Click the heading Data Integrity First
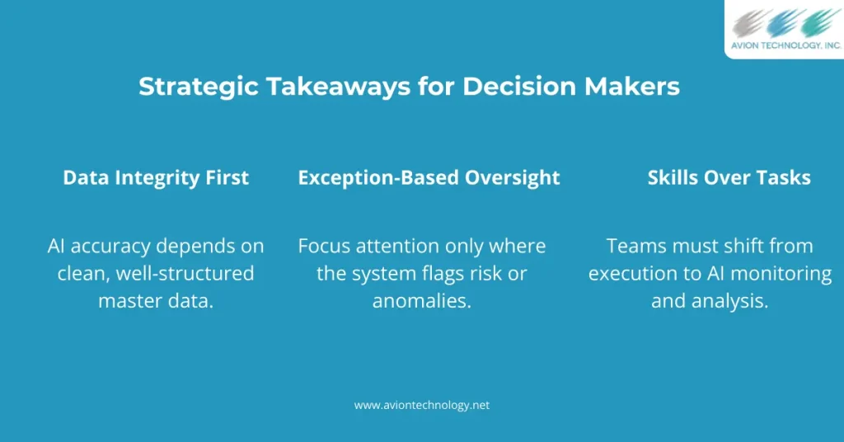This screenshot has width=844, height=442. click(x=156, y=177)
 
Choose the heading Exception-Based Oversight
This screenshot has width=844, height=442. click(x=429, y=177)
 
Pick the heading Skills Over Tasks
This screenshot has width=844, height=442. click(x=729, y=177)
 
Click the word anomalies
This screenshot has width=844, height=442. click(x=422, y=301)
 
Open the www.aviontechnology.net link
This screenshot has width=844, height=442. click(x=422, y=406)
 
